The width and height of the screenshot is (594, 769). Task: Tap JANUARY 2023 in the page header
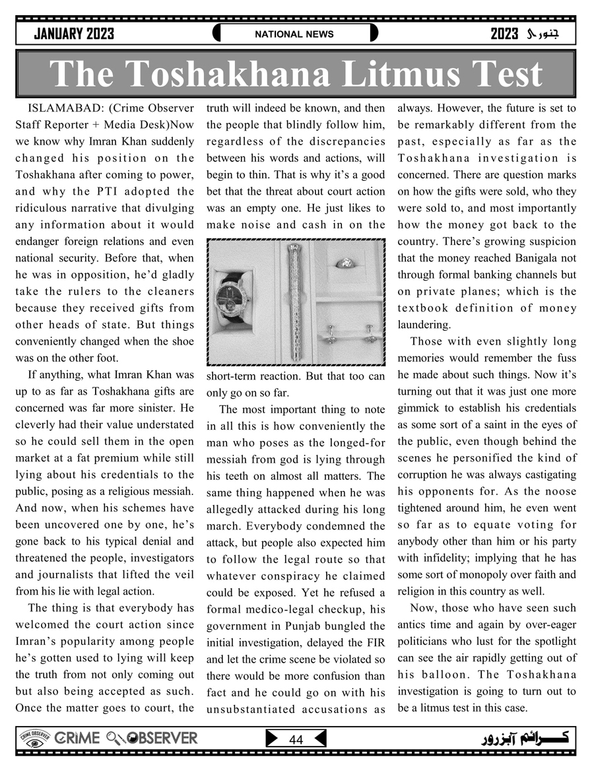pos(74,34)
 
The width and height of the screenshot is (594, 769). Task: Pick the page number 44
pos(296,740)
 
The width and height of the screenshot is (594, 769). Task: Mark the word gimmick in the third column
pos(420,408)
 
